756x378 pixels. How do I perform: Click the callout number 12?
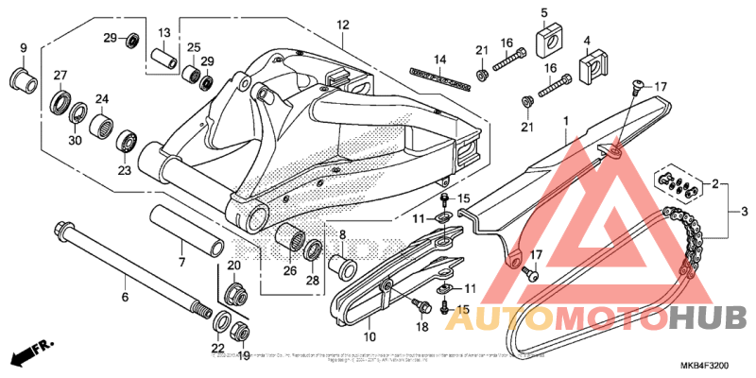click(342, 26)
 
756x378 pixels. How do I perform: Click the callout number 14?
click(439, 60)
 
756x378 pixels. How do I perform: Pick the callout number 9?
click(24, 47)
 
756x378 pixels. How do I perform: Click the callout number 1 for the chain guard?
click(566, 121)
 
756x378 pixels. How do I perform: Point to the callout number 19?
click(244, 356)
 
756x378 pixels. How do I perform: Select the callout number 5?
click(544, 12)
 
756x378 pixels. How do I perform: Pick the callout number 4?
click(587, 41)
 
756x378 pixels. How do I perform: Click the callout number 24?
click(101, 98)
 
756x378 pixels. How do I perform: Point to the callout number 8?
click(341, 234)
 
